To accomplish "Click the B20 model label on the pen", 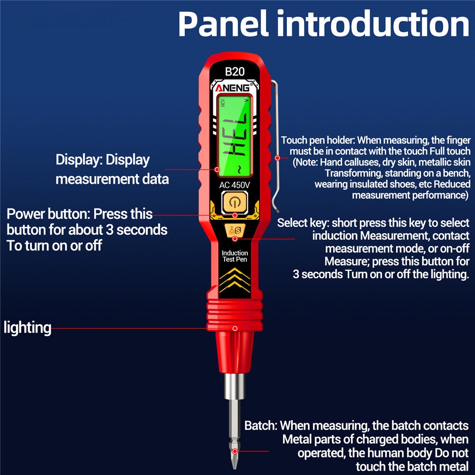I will click(235, 72).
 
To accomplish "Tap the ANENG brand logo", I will click(234, 88).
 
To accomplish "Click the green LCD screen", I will click(235, 135).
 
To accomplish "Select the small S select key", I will click(235, 230).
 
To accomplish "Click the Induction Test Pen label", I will click(235, 256).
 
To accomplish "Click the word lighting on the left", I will click(28, 327).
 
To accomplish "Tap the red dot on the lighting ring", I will click(235, 328).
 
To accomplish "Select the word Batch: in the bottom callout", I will click(261, 425).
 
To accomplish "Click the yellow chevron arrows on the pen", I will click(235, 280).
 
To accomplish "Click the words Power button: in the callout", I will click(48, 214).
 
